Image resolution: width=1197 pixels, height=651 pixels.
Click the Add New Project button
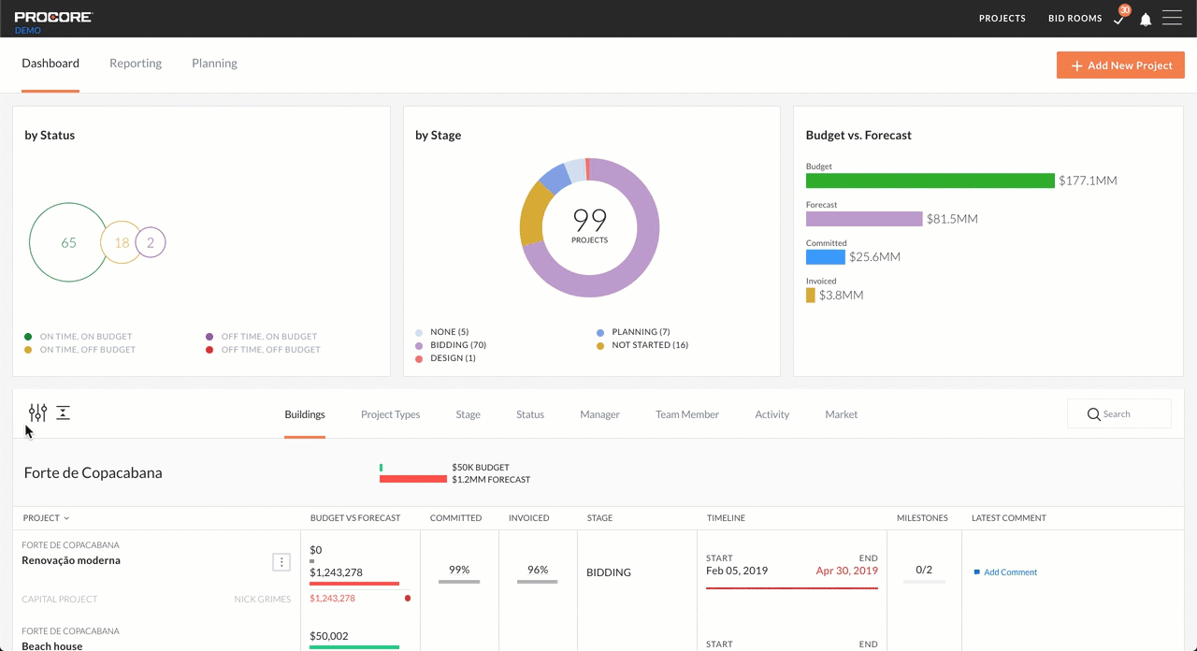tap(1120, 65)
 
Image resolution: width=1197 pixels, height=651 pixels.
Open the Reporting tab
tap(136, 64)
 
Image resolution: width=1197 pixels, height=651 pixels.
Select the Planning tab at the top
tap(214, 64)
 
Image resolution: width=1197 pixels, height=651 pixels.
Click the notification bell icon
tap(1146, 20)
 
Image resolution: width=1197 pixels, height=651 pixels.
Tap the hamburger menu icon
tap(1172, 19)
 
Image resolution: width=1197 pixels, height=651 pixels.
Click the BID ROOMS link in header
tap(1074, 19)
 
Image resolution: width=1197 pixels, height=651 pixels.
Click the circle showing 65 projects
tap(67, 242)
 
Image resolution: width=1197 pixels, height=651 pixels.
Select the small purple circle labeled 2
tap(151, 242)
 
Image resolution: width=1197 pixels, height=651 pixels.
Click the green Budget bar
tap(930, 181)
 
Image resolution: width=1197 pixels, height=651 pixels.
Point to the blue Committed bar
tap(825, 256)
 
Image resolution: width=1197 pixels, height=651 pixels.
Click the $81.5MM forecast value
tap(952, 219)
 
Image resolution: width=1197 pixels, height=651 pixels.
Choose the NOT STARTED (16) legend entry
tap(649, 345)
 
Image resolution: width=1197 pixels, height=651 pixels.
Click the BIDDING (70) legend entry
tap(457, 345)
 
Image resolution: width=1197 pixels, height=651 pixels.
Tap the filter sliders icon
tap(37, 412)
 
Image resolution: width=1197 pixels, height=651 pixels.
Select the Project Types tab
tap(390, 414)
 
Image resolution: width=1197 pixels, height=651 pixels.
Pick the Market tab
tap(841, 414)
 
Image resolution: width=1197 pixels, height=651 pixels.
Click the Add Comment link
tap(1010, 572)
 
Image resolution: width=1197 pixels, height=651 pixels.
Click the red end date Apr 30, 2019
tap(846, 571)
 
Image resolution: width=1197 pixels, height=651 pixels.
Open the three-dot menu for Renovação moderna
tap(281, 562)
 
